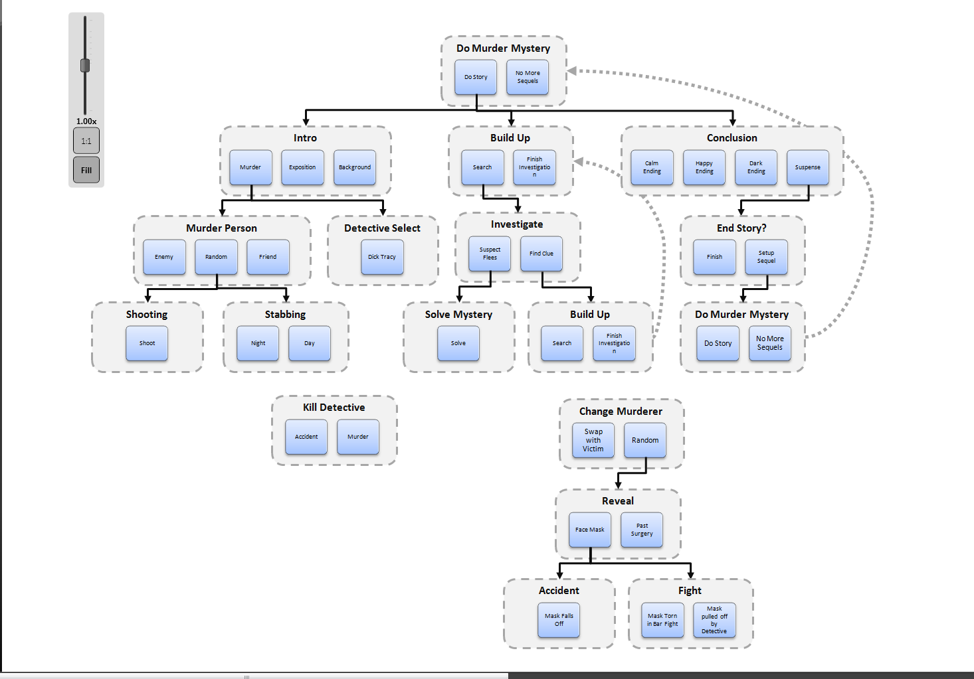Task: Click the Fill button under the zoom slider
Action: pos(86,170)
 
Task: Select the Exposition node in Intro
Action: pos(302,167)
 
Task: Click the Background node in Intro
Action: pos(355,167)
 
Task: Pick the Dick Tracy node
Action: pos(382,257)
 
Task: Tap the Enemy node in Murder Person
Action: pos(164,257)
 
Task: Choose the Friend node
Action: pos(268,257)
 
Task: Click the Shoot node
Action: pos(147,343)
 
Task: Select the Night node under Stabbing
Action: pos(258,343)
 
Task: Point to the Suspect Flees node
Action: pos(490,254)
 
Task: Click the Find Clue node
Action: pos(541,254)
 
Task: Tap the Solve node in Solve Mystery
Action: pos(458,343)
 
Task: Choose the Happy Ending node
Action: pos(704,167)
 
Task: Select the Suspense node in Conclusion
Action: pos(808,167)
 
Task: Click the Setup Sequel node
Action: pos(766,257)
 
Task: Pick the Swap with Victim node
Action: pos(593,440)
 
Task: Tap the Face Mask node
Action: pos(590,530)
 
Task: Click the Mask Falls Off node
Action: pos(559,620)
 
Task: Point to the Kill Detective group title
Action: pos(334,408)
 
